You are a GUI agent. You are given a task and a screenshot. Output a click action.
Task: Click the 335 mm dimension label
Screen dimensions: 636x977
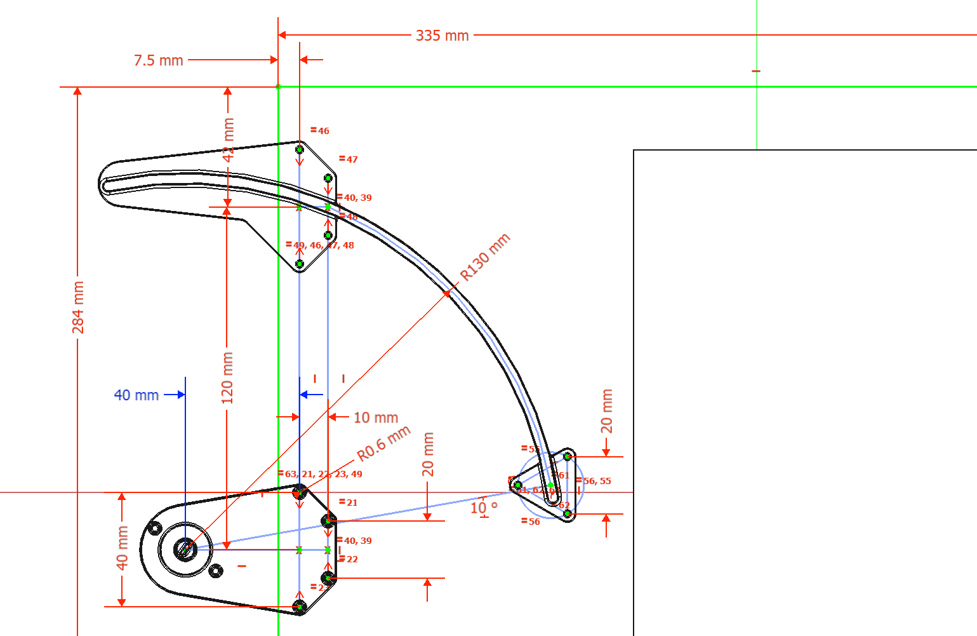pyautogui.click(x=442, y=36)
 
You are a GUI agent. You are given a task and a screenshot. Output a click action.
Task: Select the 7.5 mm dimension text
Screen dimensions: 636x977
pyautogui.click(x=158, y=60)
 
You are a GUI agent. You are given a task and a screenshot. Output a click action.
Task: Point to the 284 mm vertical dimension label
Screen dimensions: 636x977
pyautogui.click(x=77, y=307)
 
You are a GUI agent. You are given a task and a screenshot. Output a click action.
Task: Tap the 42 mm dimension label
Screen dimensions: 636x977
pyautogui.click(x=229, y=139)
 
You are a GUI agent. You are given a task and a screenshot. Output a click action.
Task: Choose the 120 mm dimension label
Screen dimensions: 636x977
pyautogui.click(x=227, y=378)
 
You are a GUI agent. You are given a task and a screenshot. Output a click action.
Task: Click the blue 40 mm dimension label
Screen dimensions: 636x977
pyautogui.click(x=136, y=395)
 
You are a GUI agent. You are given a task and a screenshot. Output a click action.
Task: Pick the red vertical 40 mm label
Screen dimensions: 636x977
pyautogui.click(x=122, y=547)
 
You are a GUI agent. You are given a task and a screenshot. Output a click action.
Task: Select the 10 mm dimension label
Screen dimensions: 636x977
pyautogui.click(x=376, y=417)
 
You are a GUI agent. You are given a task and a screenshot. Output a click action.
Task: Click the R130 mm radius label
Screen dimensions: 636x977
pyautogui.click(x=485, y=257)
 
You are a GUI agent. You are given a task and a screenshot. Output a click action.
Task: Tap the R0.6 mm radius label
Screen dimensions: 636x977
pyautogui.click(x=383, y=444)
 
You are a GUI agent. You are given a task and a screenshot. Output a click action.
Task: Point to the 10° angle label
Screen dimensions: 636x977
pyautogui.click(x=484, y=508)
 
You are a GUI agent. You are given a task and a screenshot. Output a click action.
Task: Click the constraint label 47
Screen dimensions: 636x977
pyautogui.click(x=349, y=159)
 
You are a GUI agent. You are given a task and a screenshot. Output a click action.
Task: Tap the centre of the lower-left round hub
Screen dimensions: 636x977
pyautogui.click(x=185, y=549)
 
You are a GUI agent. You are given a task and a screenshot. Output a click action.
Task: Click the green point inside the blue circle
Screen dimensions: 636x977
pyautogui.click(x=550, y=485)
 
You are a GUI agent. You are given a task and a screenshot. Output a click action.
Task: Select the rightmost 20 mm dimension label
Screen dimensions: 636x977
pyautogui.click(x=607, y=411)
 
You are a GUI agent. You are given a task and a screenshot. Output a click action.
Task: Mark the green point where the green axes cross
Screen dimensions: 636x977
pyautogui.click(x=278, y=86)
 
